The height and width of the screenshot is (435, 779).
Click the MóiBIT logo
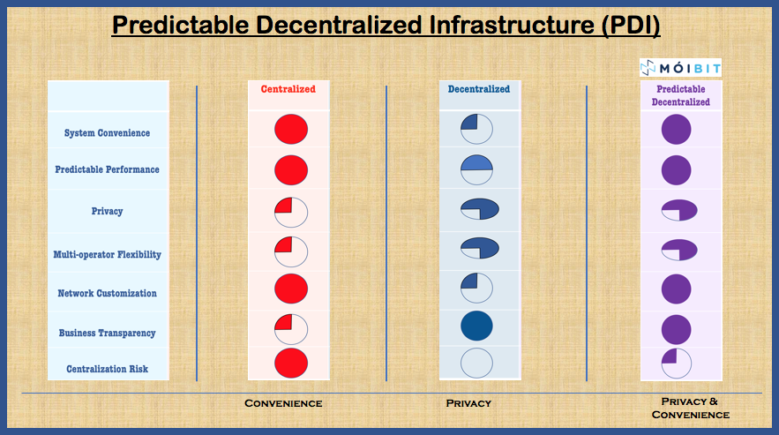point(680,67)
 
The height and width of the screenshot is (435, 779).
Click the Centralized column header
point(288,89)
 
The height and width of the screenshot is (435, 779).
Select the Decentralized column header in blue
point(478,89)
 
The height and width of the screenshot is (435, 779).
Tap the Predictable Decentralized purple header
point(680,95)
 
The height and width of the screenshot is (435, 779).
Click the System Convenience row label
point(107,133)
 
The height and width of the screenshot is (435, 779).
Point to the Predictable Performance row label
point(107,169)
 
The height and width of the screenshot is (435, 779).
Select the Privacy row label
point(107,212)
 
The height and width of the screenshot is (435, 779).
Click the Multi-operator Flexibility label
point(107,255)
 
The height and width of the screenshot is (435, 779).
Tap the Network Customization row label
point(107,294)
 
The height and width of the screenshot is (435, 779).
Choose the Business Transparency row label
point(107,334)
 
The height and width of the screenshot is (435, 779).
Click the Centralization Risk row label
point(107,370)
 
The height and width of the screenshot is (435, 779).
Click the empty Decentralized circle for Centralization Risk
point(476,364)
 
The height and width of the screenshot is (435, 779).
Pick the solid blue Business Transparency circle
point(476,326)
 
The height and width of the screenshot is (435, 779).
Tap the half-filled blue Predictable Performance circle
point(476,168)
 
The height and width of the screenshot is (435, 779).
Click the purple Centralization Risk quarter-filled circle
point(676,363)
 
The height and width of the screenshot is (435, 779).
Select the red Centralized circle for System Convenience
point(290,130)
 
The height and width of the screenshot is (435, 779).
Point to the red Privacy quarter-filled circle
point(290,213)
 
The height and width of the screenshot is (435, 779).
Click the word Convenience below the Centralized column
point(283,403)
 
